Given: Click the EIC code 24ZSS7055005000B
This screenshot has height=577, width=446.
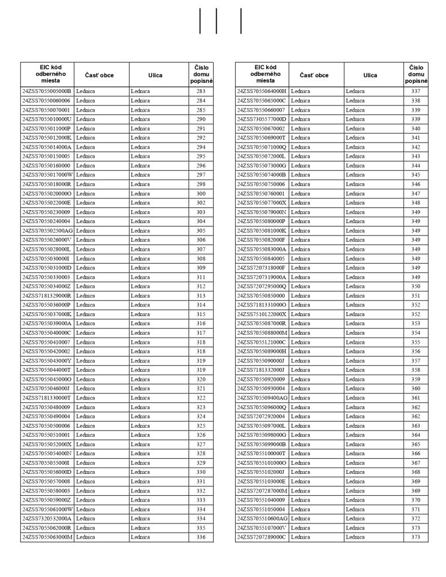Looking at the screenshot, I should click(x=47, y=91).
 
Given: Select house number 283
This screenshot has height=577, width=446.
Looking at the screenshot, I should click(x=201, y=91).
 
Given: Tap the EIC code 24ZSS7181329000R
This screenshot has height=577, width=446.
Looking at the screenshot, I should click(x=47, y=295).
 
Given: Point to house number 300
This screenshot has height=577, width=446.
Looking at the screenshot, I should click(x=201, y=193).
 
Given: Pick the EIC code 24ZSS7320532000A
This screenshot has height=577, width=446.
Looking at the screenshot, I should click(x=47, y=518).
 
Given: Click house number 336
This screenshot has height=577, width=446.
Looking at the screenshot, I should click(x=201, y=537).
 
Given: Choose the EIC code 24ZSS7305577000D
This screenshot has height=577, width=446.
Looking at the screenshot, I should click(x=262, y=119).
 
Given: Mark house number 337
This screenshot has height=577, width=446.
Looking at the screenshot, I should click(x=416, y=91).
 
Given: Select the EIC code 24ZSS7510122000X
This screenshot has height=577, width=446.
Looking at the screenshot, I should click(x=262, y=314).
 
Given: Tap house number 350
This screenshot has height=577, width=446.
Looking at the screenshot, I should click(x=416, y=286).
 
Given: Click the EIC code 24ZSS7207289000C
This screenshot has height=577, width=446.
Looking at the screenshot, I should click(x=262, y=537).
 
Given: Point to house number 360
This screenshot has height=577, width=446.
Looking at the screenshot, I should click(x=416, y=388).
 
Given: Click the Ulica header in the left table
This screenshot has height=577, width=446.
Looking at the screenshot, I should click(x=156, y=75).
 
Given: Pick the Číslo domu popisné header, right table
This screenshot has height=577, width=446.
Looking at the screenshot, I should click(x=416, y=74).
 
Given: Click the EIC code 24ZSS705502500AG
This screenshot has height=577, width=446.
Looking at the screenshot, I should click(x=47, y=230).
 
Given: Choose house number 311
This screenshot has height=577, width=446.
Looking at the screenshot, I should click(x=201, y=277).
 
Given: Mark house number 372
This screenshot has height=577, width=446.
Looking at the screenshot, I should click(x=416, y=518).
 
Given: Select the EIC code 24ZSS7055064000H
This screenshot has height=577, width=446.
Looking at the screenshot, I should click(x=262, y=91).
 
